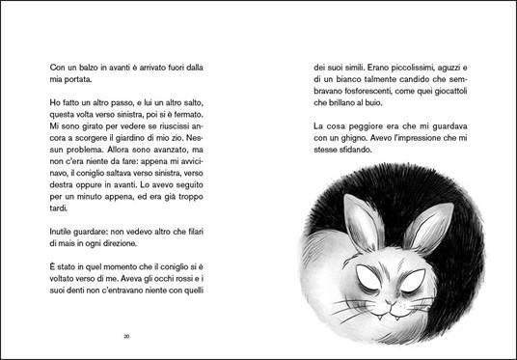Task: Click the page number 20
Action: click(x=128, y=336)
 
